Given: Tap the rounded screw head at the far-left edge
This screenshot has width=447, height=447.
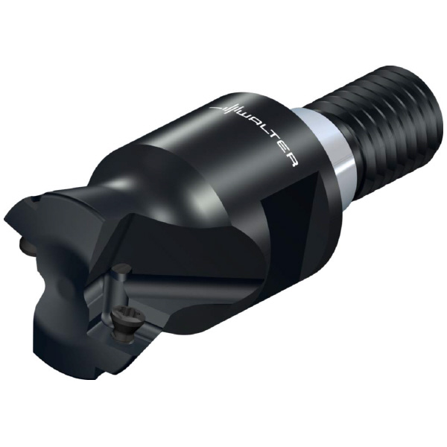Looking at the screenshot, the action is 26,246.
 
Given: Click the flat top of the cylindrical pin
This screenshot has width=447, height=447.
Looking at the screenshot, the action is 121,269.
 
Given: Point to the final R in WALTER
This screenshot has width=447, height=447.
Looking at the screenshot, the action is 294,162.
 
